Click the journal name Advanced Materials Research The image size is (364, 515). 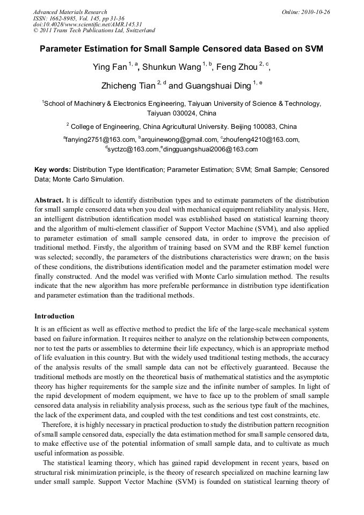click(70, 12)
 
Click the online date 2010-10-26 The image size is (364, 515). click(315, 12)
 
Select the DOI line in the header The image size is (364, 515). click(88, 24)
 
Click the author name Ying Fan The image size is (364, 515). click(110, 68)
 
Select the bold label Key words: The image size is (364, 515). click(53, 170)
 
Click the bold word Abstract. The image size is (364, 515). click(49, 199)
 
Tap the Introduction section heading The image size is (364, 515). click(54, 316)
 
